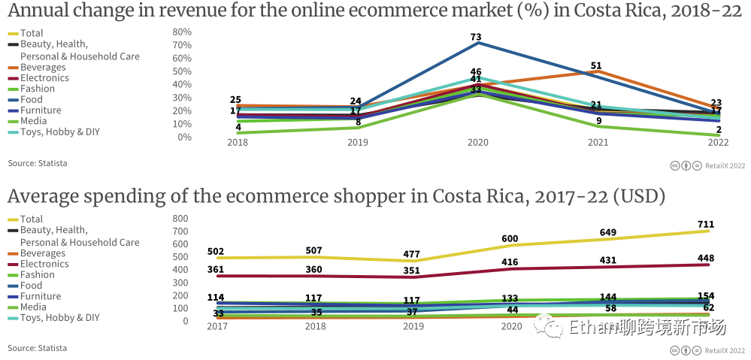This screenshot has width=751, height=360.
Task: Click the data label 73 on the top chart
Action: (x=476, y=37)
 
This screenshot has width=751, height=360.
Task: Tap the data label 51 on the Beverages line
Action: (x=596, y=65)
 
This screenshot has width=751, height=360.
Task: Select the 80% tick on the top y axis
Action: (x=182, y=32)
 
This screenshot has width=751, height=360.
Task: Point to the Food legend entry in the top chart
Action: (x=32, y=99)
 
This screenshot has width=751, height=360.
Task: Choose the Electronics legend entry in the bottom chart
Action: (x=44, y=264)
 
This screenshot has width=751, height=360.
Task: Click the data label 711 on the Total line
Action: (x=705, y=224)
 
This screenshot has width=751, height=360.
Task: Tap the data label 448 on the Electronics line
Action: (x=705, y=259)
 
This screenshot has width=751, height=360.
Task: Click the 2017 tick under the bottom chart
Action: (x=217, y=326)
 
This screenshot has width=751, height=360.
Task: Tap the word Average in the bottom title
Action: (x=41, y=196)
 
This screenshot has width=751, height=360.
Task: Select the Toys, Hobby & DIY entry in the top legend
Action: (x=60, y=132)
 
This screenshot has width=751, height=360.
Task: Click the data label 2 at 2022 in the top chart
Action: (x=719, y=129)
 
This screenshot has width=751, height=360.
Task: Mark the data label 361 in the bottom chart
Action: (x=217, y=269)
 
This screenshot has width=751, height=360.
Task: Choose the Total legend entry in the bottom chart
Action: (x=32, y=219)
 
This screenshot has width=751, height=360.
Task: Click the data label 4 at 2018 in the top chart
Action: (x=238, y=128)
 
